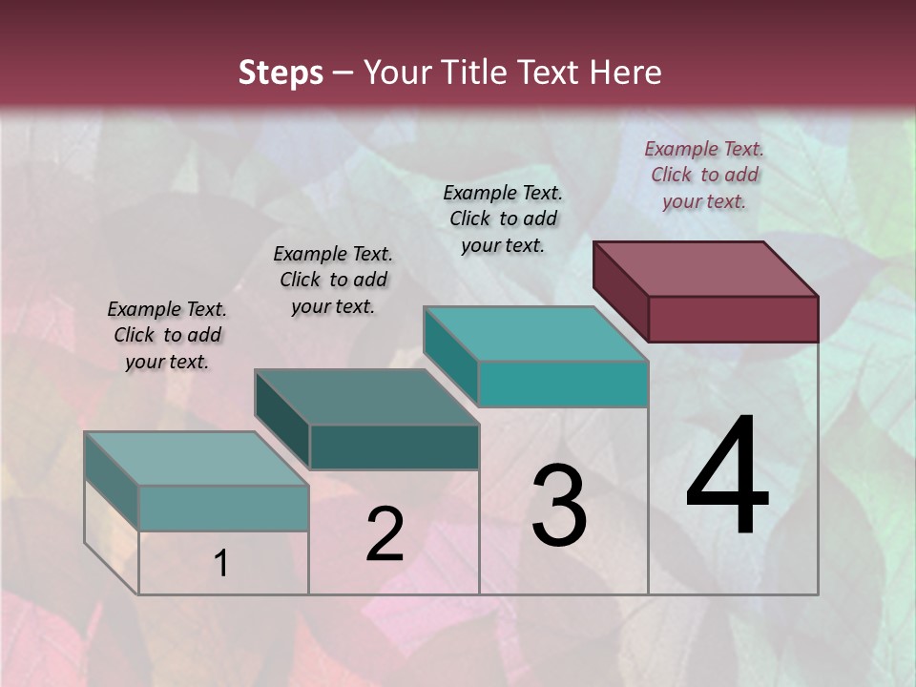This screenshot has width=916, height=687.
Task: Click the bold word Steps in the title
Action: (x=281, y=73)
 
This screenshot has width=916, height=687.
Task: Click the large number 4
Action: (x=727, y=477)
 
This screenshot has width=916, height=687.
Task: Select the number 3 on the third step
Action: (x=559, y=506)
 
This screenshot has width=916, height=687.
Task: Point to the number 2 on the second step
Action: (x=385, y=534)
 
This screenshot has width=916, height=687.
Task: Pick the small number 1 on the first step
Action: (x=220, y=564)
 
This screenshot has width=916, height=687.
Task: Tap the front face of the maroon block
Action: (x=733, y=319)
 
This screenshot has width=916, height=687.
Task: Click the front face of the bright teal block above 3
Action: (x=563, y=384)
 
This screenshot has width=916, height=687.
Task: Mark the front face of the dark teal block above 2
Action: (x=394, y=447)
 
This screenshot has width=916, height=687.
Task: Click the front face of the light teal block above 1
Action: (x=223, y=508)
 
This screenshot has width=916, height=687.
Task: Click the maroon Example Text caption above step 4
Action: (x=704, y=175)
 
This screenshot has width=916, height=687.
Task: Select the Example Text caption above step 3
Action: (x=503, y=219)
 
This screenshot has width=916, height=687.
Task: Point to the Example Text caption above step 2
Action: (x=333, y=280)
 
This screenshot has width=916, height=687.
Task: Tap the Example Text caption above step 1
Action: (x=167, y=335)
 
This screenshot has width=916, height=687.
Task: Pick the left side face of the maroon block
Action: (x=621, y=290)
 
